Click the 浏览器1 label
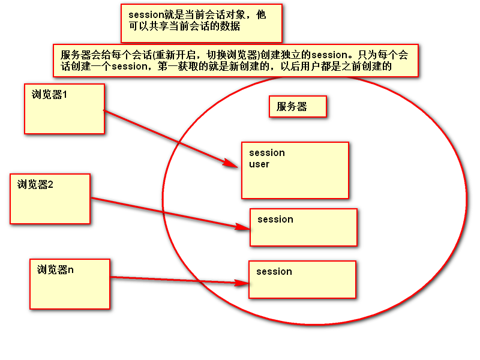(x=49, y=94)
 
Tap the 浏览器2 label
(x=35, y=185)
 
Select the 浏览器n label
(x=55, y=270)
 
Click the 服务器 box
(x=298, y=107)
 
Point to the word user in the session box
(x=259, y=164)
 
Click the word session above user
(x=266, y=153)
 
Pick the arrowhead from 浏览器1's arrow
(x=232, y=163)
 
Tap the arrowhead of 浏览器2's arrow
(x=243, y=227)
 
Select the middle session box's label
(x=275, y=220)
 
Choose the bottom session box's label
(x=274, y=272)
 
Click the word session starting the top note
(x=146, y=15)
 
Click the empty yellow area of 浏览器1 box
(x=64, y=117)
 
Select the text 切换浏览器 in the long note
(x=222, y=55)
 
